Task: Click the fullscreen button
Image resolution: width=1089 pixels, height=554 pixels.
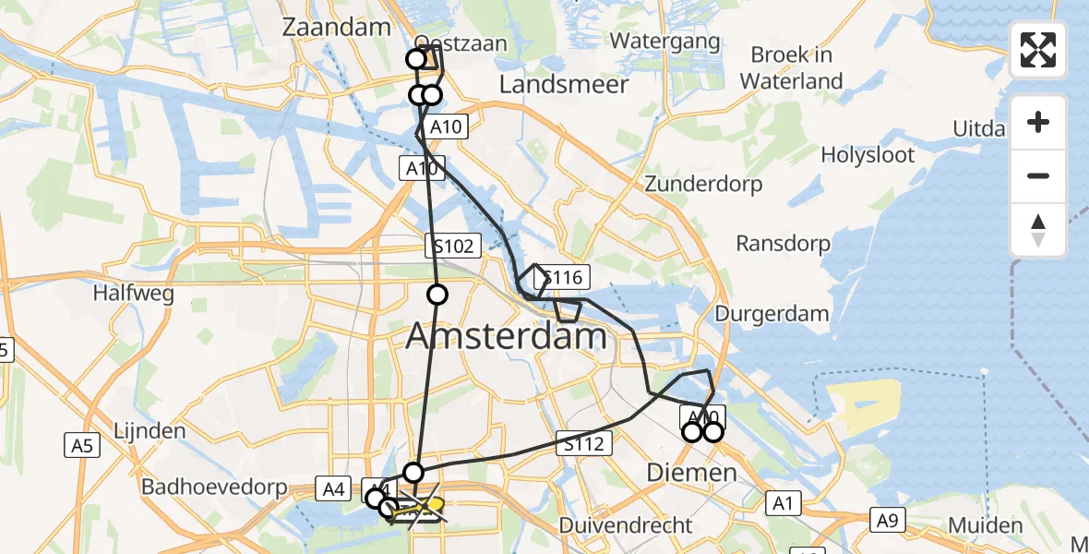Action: pyautogui.click(x=1038, y=50)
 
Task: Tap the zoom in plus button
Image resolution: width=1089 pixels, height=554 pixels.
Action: pyautogui.click(x=1038, y=122)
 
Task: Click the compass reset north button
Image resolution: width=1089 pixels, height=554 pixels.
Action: pyautogui.click(x=1038, y=230)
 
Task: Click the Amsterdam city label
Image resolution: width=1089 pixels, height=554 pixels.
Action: pyautogui.click(x=506, y=336)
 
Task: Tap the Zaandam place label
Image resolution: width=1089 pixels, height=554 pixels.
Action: pyautogui.click(x=336, y=27)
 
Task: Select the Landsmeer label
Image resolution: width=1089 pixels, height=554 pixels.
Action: pyautogui.click(x=564, y=85)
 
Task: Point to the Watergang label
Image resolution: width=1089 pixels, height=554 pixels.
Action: pyautogui.click(x=664, y=42)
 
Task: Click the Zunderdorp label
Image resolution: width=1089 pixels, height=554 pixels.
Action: pyautogui.click(x=704, y=184)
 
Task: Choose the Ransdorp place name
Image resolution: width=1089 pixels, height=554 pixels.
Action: pyautogui.click(x=783, y=244)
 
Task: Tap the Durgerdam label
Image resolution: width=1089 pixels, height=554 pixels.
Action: pyautogui.click(x=772, y=314)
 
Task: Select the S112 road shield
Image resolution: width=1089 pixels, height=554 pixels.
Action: pyautogui.click(x=583, y=444)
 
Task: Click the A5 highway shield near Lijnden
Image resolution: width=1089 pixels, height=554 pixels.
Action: pyautogui.click(x=82, y=446)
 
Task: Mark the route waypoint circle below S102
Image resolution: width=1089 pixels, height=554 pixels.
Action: pyautogui.click(x=437, y=295)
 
